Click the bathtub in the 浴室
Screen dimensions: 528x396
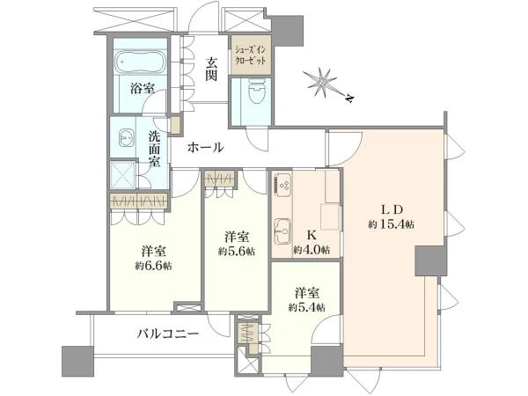(x=139, y=62)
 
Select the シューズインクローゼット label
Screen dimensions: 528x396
(x=250, y=55)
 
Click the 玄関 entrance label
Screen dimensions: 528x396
(x=211, y=69)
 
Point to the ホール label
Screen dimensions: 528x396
(x=205, y=147)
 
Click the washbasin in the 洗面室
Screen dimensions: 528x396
(x=126, y=138)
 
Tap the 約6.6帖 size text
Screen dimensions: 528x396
(x=153, y=266)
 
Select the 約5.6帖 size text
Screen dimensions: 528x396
(x=237, y=251)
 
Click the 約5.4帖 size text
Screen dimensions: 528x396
(x=306, y=307)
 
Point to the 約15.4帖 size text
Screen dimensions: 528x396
(x=391, y=224)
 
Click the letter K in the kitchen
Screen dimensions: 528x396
(x=312, y=234)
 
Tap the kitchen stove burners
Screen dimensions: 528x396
(x=283, y=185)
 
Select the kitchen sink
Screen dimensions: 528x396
(x=282, y=231)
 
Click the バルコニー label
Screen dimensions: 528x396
(x=168, y=334)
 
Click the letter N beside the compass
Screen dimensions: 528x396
(x=350, y=98)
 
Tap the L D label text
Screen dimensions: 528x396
(x=392, y=209)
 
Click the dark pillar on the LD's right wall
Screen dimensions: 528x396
(x=430, y=261)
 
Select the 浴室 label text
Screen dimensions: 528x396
(x=143, y=89)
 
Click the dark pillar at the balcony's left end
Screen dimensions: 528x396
(x=77, y=362)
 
